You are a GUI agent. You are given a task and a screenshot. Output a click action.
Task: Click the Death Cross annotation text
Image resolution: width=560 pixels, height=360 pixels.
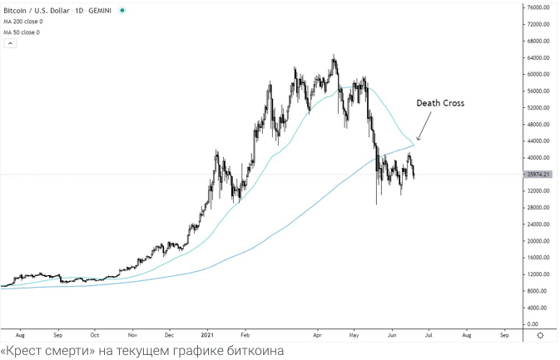[x=440, y=103]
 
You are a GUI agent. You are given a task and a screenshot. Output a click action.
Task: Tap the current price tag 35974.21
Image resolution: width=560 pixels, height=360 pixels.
[x=540, y=175]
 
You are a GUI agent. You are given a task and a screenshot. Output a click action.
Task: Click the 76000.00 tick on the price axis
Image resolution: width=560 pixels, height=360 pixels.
[x=541, y=7]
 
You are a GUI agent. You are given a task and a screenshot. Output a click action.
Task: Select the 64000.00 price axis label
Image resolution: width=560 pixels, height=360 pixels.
[x=541, y=58]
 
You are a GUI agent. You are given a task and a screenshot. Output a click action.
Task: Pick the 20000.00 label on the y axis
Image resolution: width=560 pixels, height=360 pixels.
[x=541, y=241]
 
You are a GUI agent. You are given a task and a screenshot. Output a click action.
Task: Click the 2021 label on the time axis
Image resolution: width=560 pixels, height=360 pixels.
[x=208, y=334]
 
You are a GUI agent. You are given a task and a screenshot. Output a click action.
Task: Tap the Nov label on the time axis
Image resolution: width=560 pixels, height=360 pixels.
[x=131, y=334]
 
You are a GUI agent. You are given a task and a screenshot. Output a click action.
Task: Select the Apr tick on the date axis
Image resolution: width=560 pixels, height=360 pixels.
[x=318, y=334]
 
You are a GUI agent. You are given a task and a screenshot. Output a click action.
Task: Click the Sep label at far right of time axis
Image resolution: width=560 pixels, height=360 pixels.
[x=504, y=334]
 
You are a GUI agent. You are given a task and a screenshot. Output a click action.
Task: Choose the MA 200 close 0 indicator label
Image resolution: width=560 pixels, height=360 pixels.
[x=22, y=22]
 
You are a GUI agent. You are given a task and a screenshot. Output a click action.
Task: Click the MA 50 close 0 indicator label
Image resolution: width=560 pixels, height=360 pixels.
[x=21, y=32]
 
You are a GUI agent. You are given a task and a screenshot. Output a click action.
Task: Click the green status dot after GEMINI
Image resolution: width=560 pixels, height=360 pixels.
[x=122, y=10]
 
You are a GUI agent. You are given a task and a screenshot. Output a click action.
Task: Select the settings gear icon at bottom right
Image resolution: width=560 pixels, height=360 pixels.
[x=541, y=334]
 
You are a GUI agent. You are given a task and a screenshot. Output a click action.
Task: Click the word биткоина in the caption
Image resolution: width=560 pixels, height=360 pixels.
[x=254, y=351]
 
